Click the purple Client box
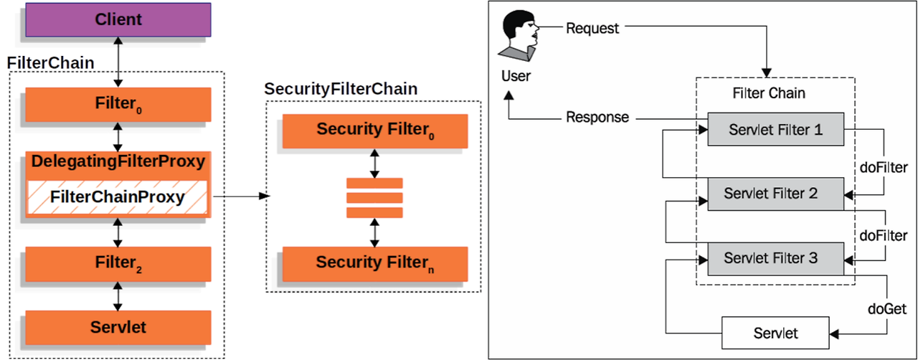click(x=118, y=19)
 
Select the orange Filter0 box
click(x=118, y=105)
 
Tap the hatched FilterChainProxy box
click(x=118, y=197)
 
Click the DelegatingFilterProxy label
click(x=118, y=161)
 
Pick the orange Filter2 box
click(x=118, y=263)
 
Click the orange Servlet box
click(x=118, y=328)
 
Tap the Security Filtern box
click(x=375, y=263)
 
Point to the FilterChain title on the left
click(x=50, y=62)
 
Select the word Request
click(x=592, y=29)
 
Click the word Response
click(x=597, y=117)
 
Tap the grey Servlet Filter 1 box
click(x=775, y=130)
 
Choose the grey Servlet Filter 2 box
click(x=775, y=194)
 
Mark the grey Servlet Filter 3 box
click(x=775, y=257)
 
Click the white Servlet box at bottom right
click(x=775, y=333)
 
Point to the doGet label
click(x=886, y=309)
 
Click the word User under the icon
click(x=516, y=76)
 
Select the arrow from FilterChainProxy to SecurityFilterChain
click(x=240, y=196)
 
